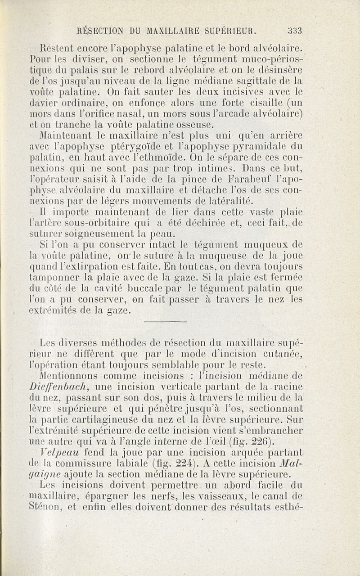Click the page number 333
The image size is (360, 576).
(x=295, y=31)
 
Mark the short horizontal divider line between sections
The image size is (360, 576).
(x=165, y=322)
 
